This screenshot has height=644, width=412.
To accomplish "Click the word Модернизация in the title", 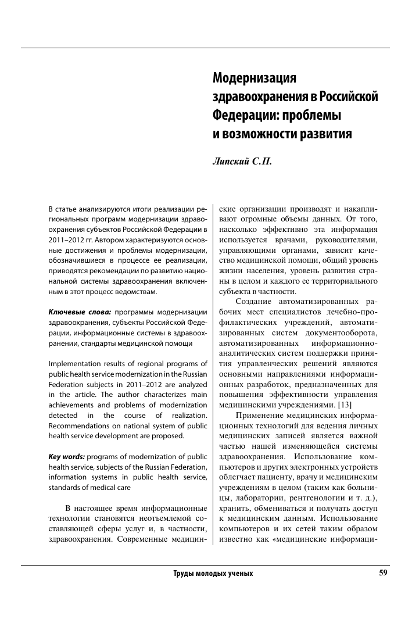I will click(254, 78).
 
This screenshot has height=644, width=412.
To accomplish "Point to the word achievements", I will click(76, 405).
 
